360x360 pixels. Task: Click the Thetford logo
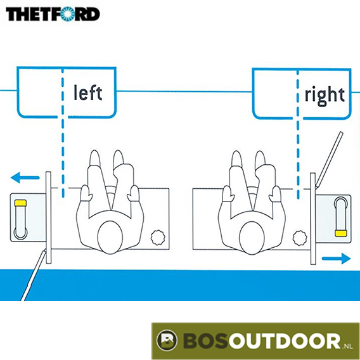pos(53,14)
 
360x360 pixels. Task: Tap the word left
pos(88,93)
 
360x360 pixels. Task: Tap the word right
pos(325,96)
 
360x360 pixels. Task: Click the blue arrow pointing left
pos(25,177)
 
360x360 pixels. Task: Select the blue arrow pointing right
pos(336,259)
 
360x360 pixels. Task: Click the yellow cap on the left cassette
pos(20,203)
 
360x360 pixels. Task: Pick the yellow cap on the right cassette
pos(340,233)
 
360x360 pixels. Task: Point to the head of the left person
pos(110,238)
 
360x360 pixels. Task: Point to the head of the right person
pos(252,238)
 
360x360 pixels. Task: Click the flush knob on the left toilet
pos(158,238)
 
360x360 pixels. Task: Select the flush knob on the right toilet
pos(300,238)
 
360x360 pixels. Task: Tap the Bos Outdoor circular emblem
pos(167,340)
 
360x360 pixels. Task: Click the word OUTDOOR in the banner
pos(285,341)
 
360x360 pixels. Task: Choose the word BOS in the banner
pos(205,341)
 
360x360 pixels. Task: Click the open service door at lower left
pos(34,275)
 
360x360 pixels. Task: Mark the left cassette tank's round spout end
pos(21,233)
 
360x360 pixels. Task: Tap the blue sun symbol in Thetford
pos(68,14)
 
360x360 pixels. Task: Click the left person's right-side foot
pos(119,159)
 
